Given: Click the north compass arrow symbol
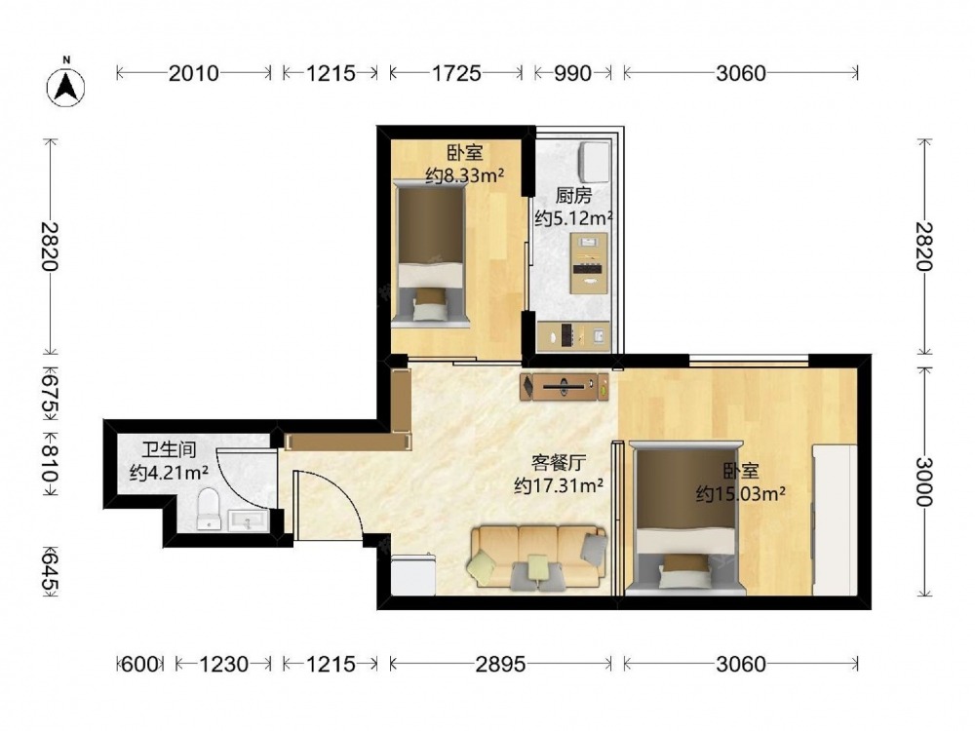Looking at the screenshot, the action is pos(65,86).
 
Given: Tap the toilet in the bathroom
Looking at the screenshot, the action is pos(209,509).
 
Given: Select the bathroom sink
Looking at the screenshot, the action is pos(249,520).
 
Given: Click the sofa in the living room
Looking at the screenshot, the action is pos(538,557).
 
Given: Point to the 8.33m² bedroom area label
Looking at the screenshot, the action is pos(465,175).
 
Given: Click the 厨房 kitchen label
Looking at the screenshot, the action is pos(573,196).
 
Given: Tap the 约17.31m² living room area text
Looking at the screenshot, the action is pos(559,485).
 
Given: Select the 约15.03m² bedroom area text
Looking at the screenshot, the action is pos(740,494).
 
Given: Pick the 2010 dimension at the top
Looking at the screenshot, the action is pos(194,73).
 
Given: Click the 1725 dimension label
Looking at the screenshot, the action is pos(455,73).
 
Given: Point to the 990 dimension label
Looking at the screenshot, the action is pos(572,73).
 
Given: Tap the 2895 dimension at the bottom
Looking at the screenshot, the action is pos(500,665).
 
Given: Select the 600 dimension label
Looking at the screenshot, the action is pos(140,665).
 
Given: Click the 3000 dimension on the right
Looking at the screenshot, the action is pos(924,482).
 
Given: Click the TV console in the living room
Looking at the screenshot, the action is pos(565,386).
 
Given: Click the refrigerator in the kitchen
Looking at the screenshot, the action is pos(595,159).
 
